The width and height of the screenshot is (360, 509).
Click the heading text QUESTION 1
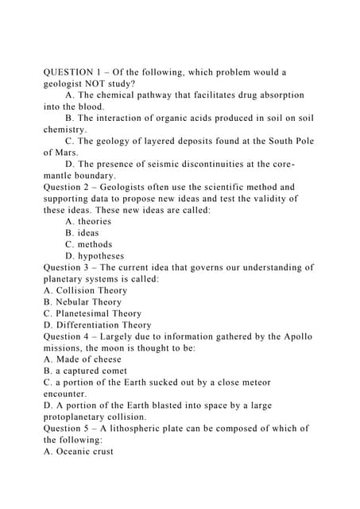[x=75, y=72]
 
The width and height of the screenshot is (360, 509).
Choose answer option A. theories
[x=88, y=221]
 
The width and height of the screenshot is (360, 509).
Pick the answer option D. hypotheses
[x=95, y=256]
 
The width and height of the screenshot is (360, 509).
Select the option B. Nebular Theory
[x=83, y=302]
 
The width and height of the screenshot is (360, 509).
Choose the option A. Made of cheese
[x=82, y=359]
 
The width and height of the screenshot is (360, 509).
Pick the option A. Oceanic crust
[x=79, y=451]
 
